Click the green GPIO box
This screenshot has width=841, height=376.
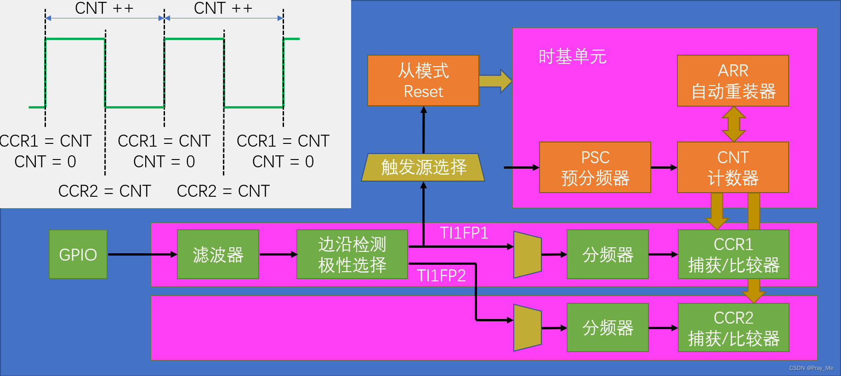(78, 254)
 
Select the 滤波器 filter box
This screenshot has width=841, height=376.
(218, 254)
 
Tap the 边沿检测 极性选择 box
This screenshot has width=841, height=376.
(352, 254)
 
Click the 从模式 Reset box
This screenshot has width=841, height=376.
(423, 81)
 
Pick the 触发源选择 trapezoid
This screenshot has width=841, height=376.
(423, 167)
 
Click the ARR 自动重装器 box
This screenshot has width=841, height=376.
(733, 81)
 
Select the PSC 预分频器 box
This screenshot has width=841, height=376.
(595, 167)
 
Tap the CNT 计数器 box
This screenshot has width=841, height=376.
(733, 167)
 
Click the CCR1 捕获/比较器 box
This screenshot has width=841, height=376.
(733, 254)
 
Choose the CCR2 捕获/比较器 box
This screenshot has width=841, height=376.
(733, 328)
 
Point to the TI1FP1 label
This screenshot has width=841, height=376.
(464, 233)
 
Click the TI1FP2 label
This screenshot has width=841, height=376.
(441, 275)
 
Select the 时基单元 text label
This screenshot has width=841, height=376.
(572, 57)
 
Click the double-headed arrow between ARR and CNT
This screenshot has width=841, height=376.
(733, 124)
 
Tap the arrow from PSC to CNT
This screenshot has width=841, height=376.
(664, 168)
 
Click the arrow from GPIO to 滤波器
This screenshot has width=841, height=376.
(142, 254)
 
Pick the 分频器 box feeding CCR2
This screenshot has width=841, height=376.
(608, 328)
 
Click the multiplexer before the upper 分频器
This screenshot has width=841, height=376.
(528, 255)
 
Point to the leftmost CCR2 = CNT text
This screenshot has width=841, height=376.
(105, 191)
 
